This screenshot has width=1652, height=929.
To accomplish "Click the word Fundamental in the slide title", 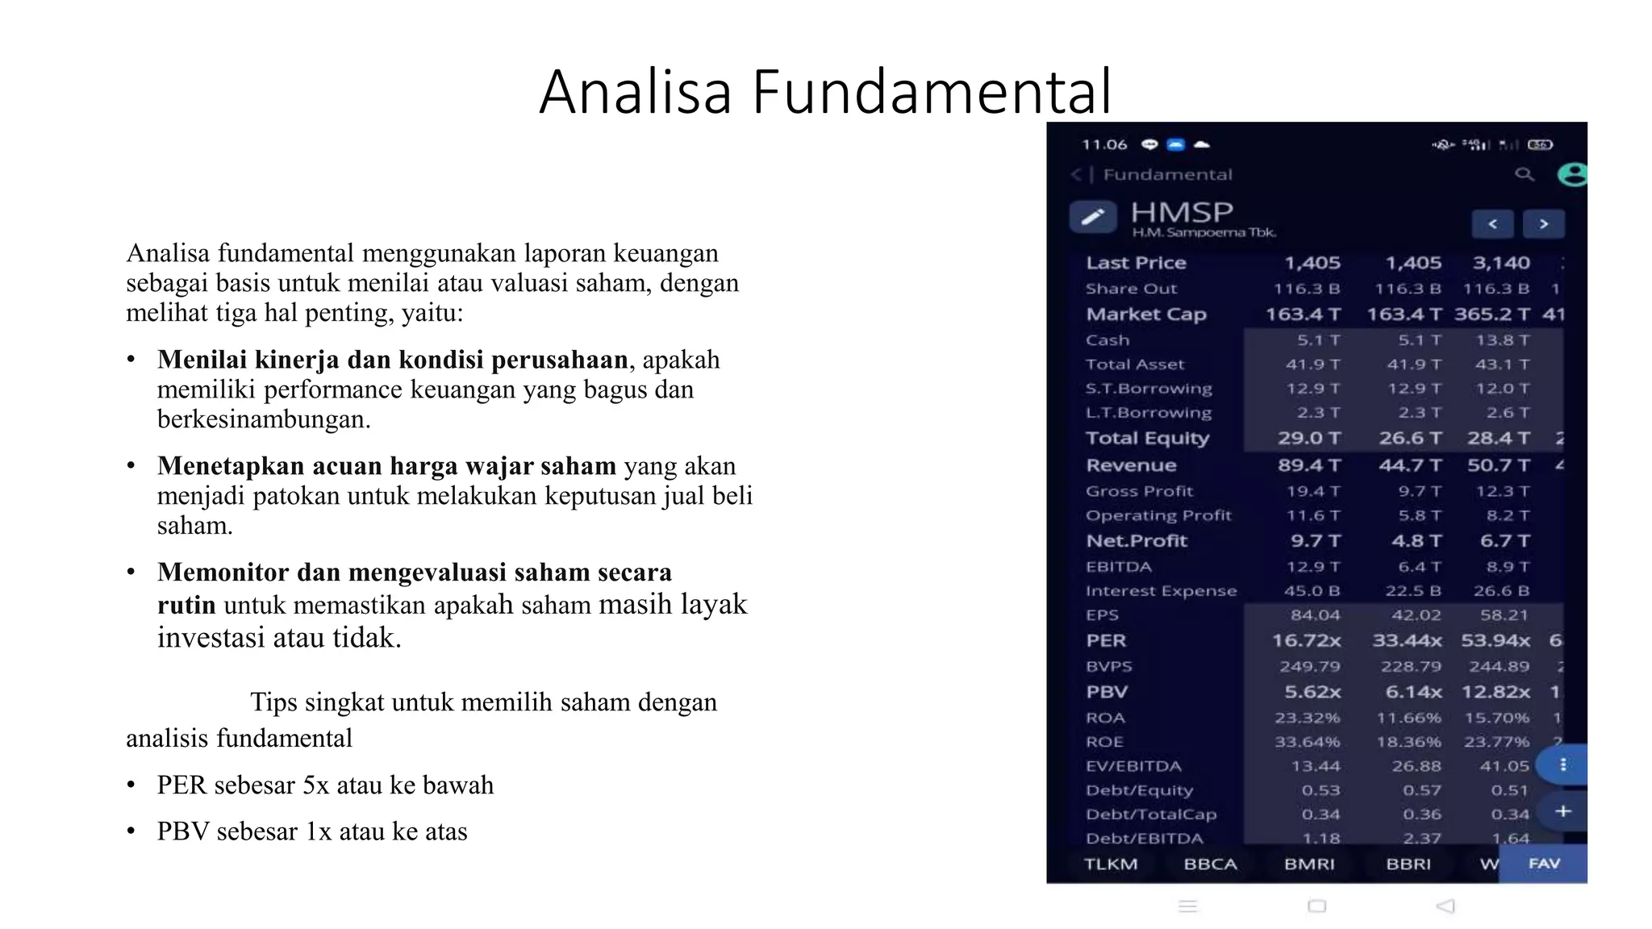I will pos(932,92).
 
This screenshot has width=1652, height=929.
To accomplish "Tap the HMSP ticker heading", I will pos(1182,213).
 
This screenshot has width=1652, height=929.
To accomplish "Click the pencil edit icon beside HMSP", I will pos(1093,217).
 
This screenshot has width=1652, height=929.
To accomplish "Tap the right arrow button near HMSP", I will pos(1543,224).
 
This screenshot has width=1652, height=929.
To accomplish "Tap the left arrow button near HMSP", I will pos(1492,224).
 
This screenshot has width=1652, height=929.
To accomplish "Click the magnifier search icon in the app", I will pos(1524,174).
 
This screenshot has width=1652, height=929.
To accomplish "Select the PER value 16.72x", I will pos(1307,641).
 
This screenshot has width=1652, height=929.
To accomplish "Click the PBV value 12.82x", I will pos(1496,693).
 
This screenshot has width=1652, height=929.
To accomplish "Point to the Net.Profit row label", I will pos(1137,541).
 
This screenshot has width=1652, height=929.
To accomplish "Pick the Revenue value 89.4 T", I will pos(1309,465).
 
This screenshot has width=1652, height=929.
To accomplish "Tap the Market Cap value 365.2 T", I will pos(1492,315).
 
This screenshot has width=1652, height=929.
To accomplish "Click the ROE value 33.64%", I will pos(1308,742).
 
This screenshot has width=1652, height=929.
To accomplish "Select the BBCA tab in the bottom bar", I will pos(1210,864).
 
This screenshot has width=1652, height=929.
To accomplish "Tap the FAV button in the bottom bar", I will pos(1544,864).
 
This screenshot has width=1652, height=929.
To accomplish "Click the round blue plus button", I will pos(1563,811).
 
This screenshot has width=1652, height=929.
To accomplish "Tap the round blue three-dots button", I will pos(1563,764).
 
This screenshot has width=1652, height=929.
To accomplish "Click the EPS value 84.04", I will pos(1315,615).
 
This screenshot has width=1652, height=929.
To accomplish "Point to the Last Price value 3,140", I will pos(1501,263).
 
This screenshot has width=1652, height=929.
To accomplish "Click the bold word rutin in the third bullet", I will pos(186,606).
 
